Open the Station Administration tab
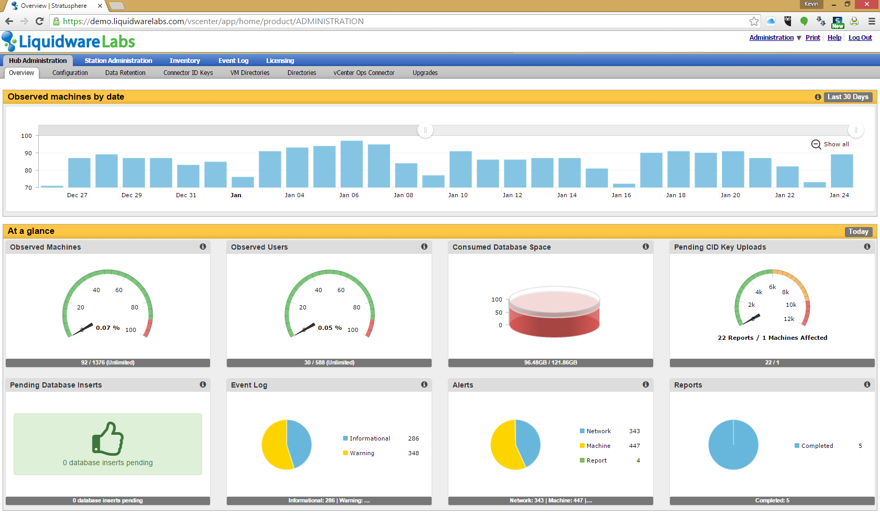[x=118, y=61]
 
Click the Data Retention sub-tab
[x=125, y=73]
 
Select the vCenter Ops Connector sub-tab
[x=364, y=73]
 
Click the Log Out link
[x=860, y=38]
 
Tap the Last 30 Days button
[x=848, y=97]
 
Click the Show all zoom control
[x=830, y=144]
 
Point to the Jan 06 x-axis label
[x=349, y=195]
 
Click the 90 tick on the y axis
[x=28, y=153]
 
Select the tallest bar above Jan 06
[x=351, y=164]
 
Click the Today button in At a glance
[x=859, y=232]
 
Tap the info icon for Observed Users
[x=424, y=246]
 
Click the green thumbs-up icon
[x=108, y=438]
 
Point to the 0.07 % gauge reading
[x=108, y=328]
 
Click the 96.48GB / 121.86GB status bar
[x=551, y=363]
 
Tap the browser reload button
[x=39, y=22]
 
